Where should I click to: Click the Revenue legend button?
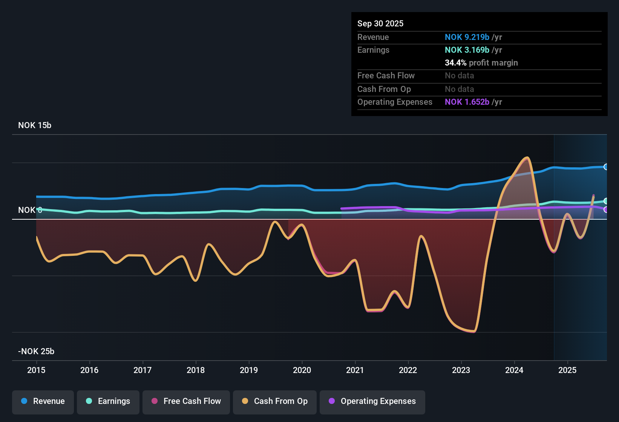point(43,401)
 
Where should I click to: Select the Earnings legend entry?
point(108,401)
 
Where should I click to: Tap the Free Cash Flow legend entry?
point(186,401)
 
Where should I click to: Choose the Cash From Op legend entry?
point(274,401)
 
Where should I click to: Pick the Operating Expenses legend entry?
point(372,401)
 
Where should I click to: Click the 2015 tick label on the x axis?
point(36,370)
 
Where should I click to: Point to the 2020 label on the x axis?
point(302,370)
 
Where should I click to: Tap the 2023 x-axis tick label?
point(461,370)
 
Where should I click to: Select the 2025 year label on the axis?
point(567,370)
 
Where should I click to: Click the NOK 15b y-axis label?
point(35,125)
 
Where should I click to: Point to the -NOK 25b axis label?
point(36,352)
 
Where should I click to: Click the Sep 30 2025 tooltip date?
point(380,24)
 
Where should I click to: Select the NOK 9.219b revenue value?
point(467,37)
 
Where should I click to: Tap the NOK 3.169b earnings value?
point(467,50)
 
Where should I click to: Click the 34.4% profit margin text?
point(481,63)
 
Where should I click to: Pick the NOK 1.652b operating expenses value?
point(467,102)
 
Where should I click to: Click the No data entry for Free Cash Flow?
point(459,76)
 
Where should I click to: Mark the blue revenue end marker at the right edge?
point(606,167)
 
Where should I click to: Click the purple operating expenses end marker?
point(606,209)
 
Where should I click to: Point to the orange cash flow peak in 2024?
point(527,158)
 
